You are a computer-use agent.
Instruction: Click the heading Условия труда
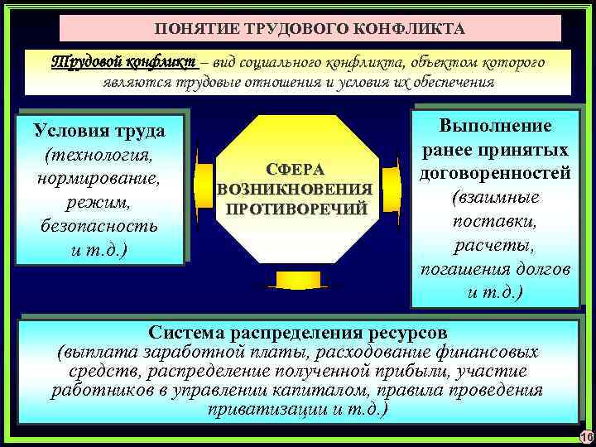coord(99,132)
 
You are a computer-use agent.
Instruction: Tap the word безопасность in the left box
coord(99,224)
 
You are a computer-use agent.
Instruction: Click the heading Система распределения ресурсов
coord(298,332)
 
